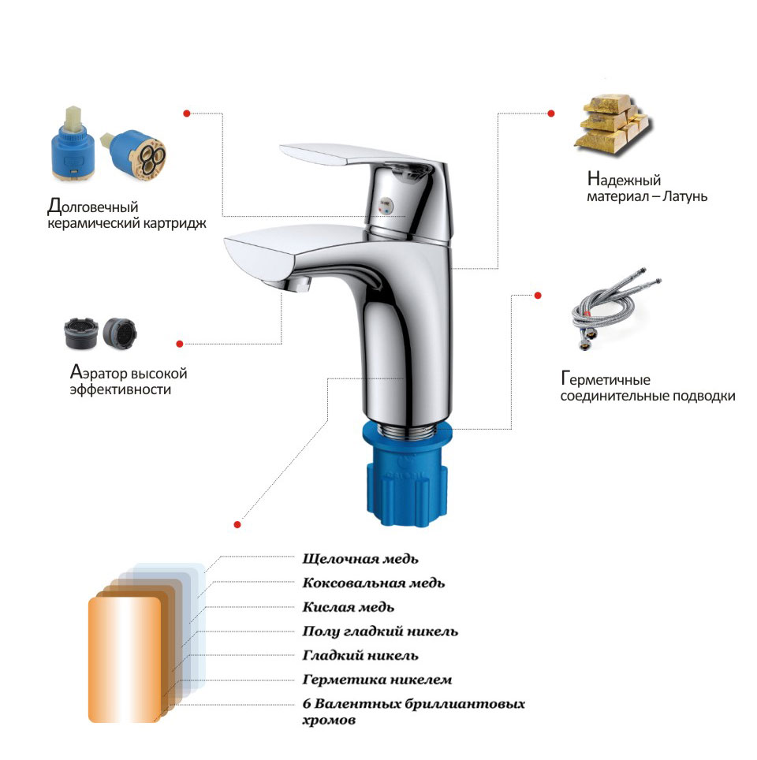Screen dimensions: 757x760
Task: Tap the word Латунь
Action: tap(685, 196)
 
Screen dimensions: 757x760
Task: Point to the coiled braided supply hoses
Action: tap(615, 307)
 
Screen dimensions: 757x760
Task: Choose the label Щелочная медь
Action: tap(360, 559)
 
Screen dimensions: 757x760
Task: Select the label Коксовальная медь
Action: tap(374, 583)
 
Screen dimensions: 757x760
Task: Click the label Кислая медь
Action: tap(349, 607)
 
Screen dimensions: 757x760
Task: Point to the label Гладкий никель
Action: tap(360, 655)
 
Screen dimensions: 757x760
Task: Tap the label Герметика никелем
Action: tap(377, 680)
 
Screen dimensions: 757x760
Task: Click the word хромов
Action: tap(329, 721)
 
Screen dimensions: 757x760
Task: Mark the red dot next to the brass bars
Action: tap(551, 114)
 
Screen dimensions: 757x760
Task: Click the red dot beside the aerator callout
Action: tap(180, 344)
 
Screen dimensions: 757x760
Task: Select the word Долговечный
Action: tap(92, 206)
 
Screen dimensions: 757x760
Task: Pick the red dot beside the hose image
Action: tap(538, 295)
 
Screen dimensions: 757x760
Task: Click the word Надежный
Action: tap(624, 179)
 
